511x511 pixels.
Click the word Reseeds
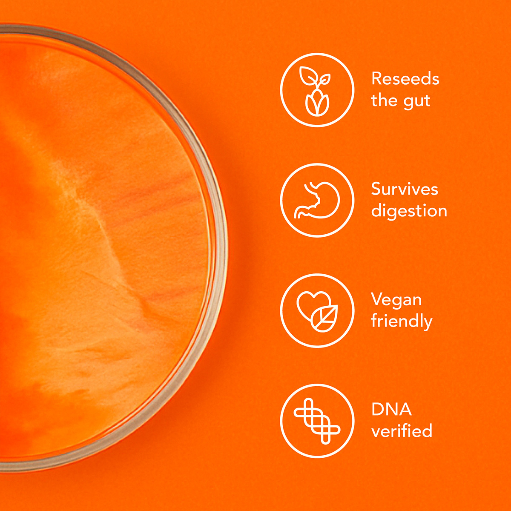pyautogui.click(x=405, y=78)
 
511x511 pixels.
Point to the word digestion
pyautogui.click(x=409, y=211)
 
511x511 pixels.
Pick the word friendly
pyautogui.click(x=402, y=321)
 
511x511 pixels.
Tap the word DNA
pyautogui.click(x=391, y=409)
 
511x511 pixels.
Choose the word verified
pyautogui.click(x=402, y=431)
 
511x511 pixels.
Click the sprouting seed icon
pyautogui.click(x=316, y=91)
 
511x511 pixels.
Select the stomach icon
pyautogui.click(x=317, y=201)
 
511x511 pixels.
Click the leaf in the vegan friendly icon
pyautogui.click(x=324, y=319)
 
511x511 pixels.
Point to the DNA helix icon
pyautogui.click(x=317, y=421)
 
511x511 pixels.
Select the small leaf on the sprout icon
pyautogui.click(x=324, y=79)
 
